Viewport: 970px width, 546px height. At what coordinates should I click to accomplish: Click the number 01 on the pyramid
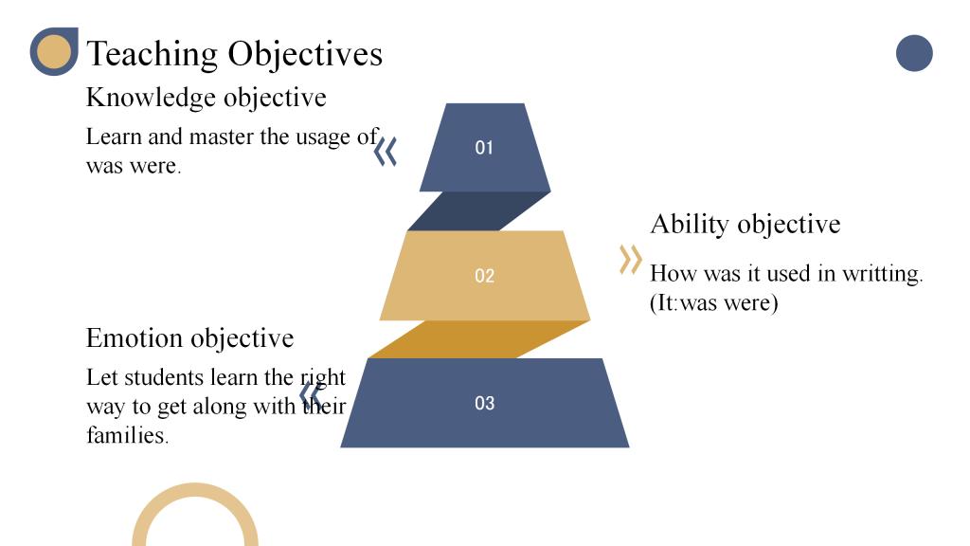484,148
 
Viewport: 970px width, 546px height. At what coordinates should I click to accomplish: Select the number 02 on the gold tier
484,276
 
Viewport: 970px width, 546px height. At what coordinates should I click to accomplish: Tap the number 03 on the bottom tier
484,403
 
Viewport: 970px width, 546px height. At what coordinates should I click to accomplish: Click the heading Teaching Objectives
235,54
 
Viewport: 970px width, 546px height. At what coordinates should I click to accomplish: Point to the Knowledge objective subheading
206,98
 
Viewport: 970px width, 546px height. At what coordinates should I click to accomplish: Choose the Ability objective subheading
745,224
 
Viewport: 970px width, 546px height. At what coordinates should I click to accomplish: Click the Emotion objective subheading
189,338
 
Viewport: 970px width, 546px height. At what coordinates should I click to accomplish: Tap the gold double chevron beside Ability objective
630,260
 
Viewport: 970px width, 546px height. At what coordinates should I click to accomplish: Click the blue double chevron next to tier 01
386,152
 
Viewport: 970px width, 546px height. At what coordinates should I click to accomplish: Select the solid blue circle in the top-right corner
914,53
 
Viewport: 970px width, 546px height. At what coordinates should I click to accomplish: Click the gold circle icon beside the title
53,51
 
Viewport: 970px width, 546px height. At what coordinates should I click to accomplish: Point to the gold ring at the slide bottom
195,493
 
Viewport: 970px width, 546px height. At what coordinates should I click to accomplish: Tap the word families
128,435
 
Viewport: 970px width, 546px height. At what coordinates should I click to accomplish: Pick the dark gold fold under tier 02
479,339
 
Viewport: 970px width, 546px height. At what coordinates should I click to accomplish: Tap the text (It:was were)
714,303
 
